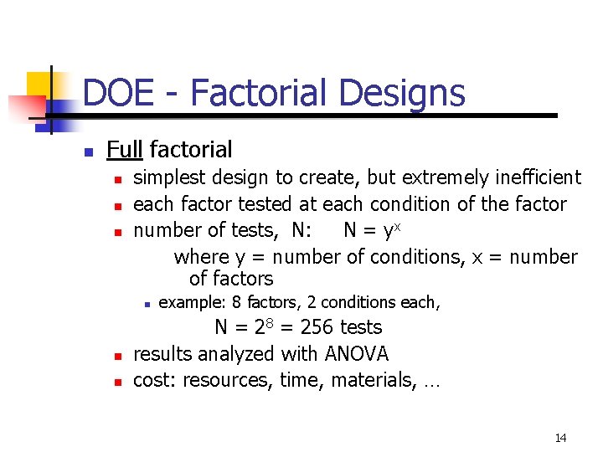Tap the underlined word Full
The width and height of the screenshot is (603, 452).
tap(125, 150)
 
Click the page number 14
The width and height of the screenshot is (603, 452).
tap(560, 438)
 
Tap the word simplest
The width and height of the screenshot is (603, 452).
tap(170, 177)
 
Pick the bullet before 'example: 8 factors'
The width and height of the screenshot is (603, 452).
tap(146, 304)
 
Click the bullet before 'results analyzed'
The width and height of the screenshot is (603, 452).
tap(119, 356)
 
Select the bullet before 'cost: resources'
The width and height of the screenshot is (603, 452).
tap(119, 382)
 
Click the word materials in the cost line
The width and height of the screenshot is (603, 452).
tap(369, 380)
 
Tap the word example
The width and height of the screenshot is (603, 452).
tap(188, 302)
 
